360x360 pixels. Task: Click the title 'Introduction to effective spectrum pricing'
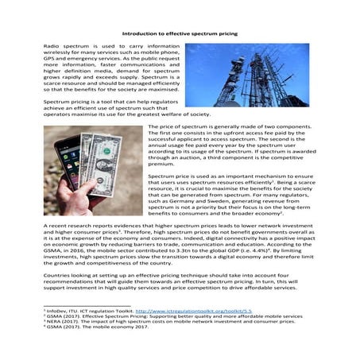click(x=180, y=33)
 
